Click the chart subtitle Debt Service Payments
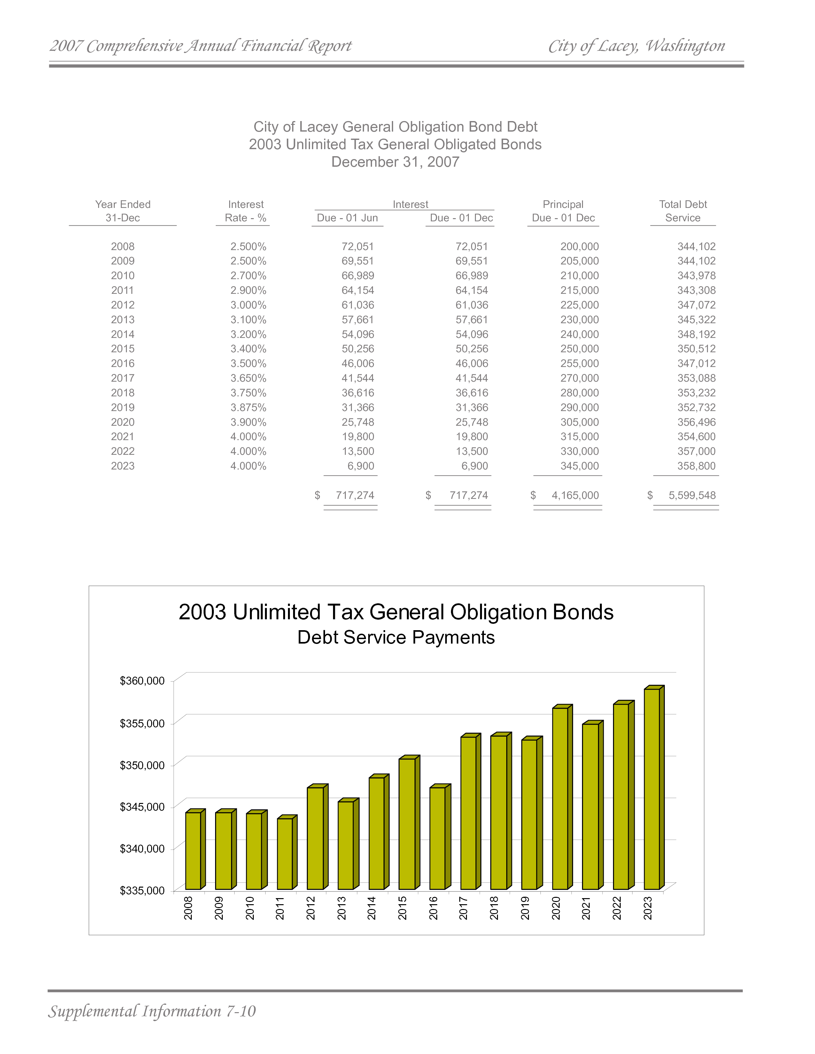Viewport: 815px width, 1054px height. [x=396, y=638]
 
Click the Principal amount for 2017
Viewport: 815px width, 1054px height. [x=579, y=378]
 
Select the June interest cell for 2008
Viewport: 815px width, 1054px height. [x=358, y=247]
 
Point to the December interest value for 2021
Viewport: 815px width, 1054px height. [x=472, y=437]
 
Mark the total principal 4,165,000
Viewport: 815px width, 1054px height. [x=575, y=496]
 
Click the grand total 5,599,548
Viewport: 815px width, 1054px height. [x=692, y=496]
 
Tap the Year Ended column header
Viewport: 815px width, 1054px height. [x=123, y=211]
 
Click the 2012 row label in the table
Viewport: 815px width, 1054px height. [x=123, y=305]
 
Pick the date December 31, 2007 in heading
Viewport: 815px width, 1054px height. [x=395, y=162]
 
